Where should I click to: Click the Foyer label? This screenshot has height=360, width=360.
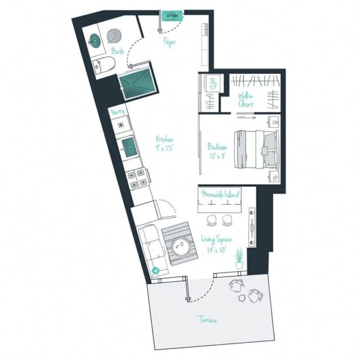click(x=169, y=43)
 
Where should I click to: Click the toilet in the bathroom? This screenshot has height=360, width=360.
click(x=102, y=66)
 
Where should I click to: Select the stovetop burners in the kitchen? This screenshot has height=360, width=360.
click(x=136, y=178)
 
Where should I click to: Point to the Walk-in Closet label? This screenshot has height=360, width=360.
click(x=246, y=100)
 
